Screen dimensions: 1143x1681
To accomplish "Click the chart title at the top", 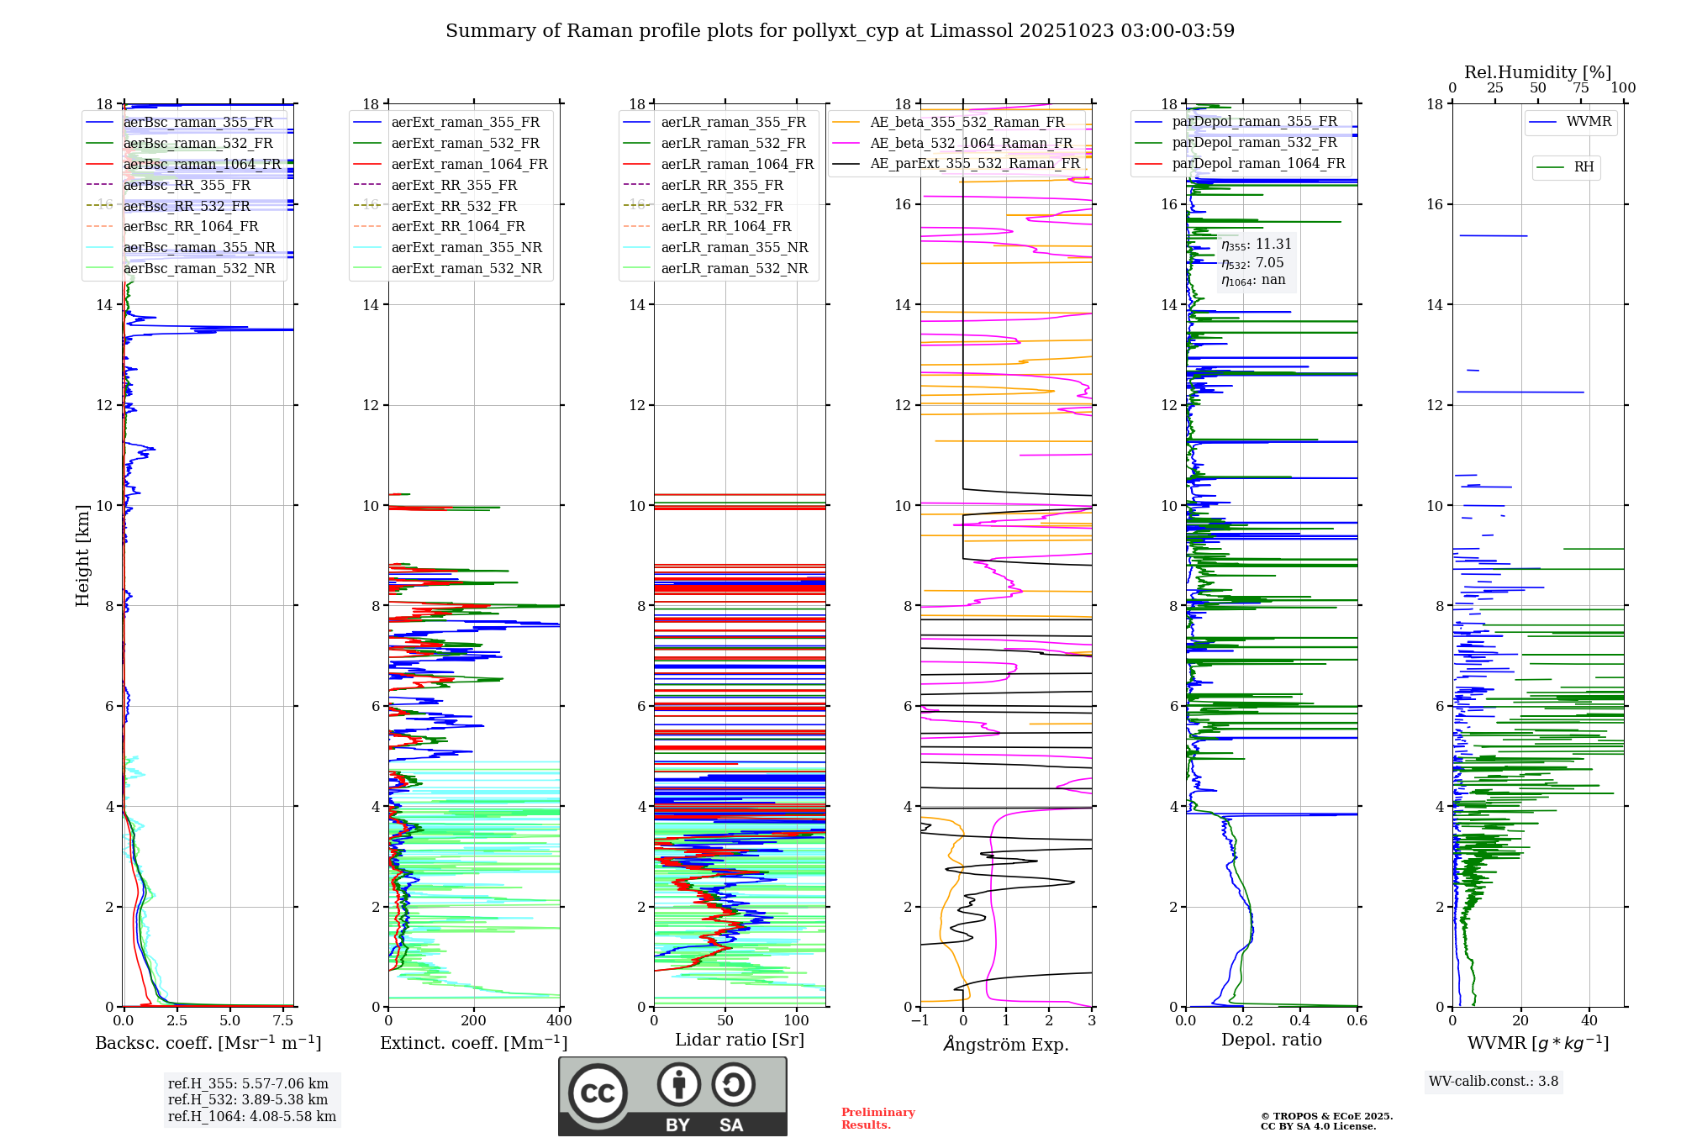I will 840,31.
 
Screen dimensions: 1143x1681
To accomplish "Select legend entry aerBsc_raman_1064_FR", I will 202,164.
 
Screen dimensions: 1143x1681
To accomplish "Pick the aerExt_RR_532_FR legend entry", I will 454,206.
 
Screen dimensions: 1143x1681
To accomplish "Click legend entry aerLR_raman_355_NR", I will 734,247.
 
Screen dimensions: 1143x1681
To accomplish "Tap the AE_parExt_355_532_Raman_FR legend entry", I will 975,163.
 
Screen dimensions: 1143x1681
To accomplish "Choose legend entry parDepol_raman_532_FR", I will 1254,143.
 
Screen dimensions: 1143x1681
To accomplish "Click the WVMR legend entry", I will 1589,122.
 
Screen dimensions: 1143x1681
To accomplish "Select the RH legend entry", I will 1584,167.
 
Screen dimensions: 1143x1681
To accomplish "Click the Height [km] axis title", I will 82,555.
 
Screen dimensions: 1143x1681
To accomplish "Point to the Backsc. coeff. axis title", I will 208,1043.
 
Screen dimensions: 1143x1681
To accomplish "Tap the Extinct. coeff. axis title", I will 473,1043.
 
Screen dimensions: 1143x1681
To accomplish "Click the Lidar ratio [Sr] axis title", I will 739,1040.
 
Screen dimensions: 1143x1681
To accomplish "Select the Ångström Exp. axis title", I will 1005,1044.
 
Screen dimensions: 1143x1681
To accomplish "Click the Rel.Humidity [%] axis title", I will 1537,72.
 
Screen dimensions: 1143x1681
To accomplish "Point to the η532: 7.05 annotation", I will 1252,263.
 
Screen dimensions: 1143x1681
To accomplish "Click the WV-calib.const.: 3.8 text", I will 1493,1082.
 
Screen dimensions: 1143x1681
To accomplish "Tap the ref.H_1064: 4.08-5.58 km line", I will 251,1116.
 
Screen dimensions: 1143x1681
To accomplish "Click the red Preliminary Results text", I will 877,1118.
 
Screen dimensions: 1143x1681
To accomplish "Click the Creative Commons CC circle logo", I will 598,1093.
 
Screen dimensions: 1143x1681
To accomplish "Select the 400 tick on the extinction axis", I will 559,1020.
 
